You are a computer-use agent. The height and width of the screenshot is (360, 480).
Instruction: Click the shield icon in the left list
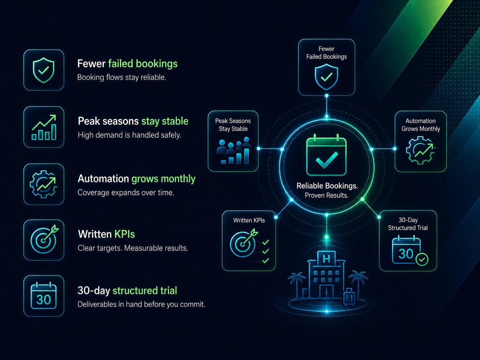click(x=43, y=70)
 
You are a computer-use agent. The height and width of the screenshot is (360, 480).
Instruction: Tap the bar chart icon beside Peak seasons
click(x=44, y=127)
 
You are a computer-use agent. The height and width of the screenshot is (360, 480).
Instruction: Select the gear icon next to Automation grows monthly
click(x=43, y=184)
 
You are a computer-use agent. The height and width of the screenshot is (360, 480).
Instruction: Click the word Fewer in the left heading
click(x=91, y=64)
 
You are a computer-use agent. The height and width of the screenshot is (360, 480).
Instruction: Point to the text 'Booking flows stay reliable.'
click(x=122, y=77)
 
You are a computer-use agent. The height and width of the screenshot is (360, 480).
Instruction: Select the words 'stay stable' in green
click(x=165, y=121)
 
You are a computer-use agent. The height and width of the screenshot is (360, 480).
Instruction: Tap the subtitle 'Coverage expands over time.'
click(x=126, y=193)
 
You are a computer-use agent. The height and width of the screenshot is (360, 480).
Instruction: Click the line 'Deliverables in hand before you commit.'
click(x=142, y=304)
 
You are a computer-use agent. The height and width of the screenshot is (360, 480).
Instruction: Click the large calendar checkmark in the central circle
click(x=327, y=155)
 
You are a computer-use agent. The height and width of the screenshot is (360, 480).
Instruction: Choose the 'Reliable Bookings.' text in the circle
click(x=327, y=186)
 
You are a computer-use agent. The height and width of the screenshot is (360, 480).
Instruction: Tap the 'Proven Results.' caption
click(x=327, y=195)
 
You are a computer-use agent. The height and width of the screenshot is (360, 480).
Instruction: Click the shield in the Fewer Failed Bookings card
click(x=327, y=77)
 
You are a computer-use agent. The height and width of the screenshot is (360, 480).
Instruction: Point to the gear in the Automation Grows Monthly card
click(x=420, y=150)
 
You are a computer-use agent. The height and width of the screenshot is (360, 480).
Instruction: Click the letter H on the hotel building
click(x=327, y=259)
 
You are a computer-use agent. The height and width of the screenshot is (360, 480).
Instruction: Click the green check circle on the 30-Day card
click(x=422, y=260)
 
